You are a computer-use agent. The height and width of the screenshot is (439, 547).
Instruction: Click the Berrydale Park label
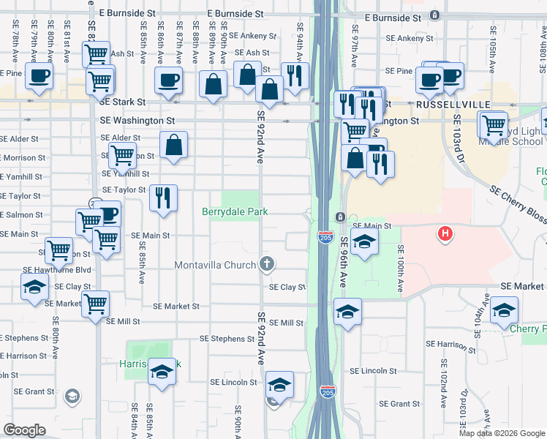click(235, 211)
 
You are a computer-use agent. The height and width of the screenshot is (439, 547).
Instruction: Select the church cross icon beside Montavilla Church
click(268, 264)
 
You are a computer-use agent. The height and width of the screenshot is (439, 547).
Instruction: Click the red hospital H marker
click(443, 234)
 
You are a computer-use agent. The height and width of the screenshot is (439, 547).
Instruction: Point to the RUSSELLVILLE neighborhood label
click(444, 105)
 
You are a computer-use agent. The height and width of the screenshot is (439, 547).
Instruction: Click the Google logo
click(25, 429)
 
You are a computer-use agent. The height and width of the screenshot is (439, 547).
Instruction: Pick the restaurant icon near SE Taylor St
click(163, 197)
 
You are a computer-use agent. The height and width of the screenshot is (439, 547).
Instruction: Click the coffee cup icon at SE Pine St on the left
click(39, 75)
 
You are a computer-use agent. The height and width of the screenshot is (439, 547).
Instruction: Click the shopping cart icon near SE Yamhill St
click(122, 155)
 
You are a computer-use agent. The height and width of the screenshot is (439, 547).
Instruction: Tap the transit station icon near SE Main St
click(341, 217)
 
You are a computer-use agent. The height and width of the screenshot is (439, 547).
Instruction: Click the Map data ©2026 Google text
click(502, 433)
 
